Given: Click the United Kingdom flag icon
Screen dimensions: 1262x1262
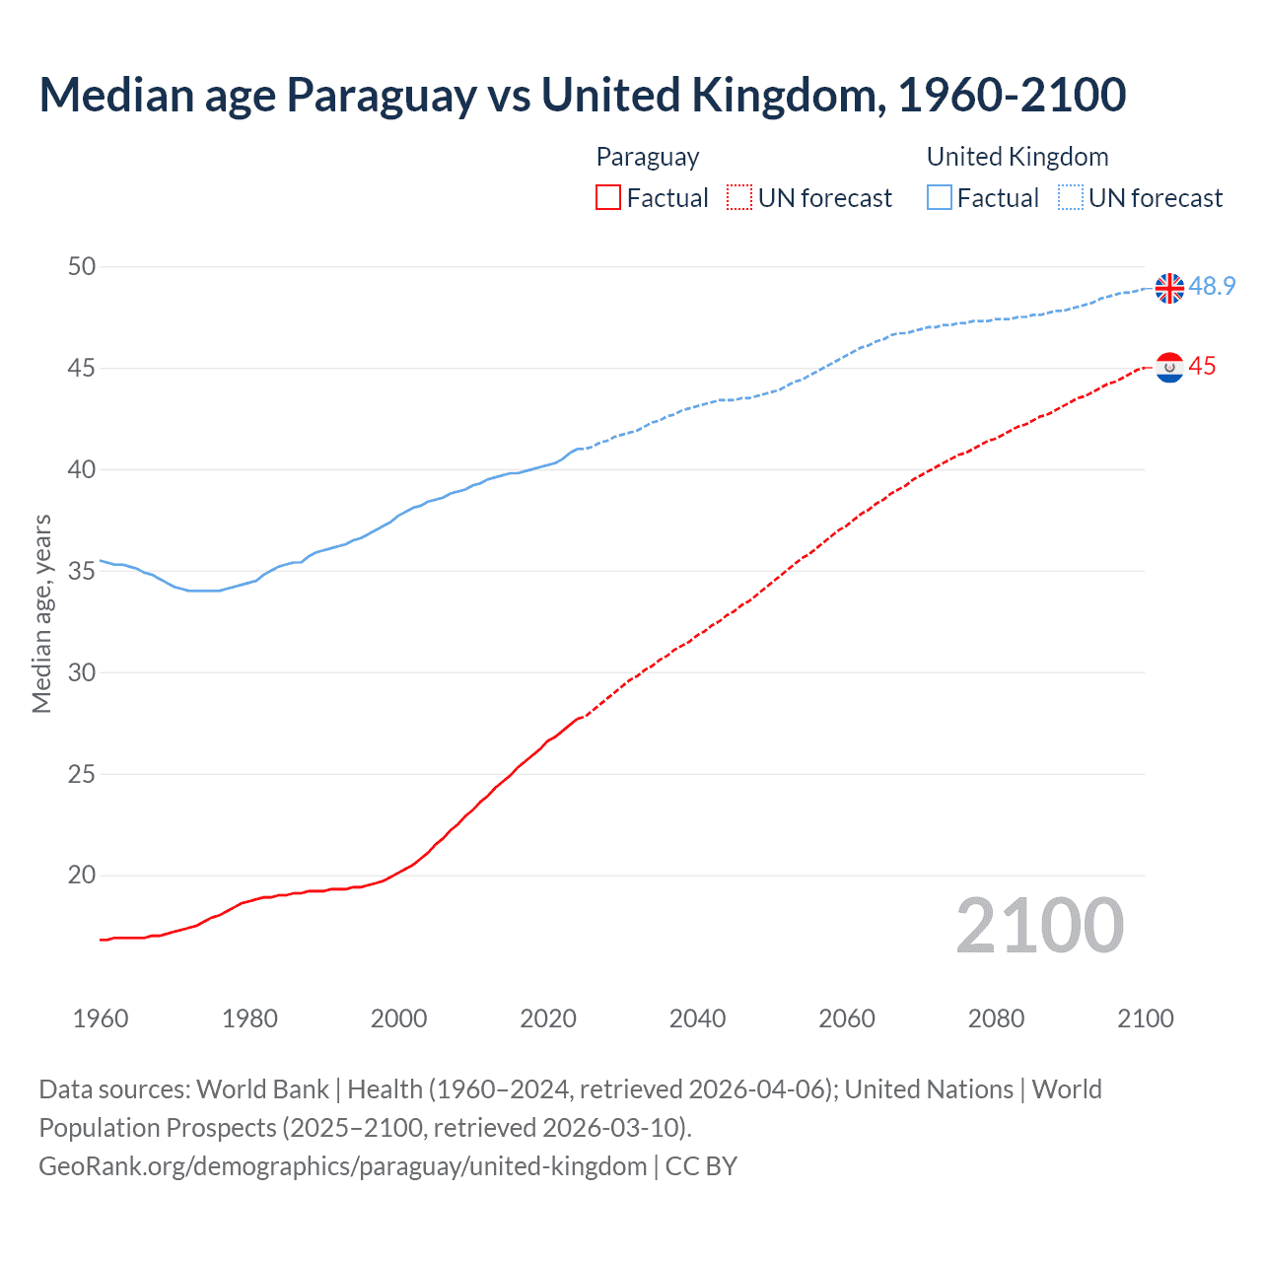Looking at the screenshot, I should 1169,288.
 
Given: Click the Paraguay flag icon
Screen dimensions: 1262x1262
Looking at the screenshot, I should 1169,368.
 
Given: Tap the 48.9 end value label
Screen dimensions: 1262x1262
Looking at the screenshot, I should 1212,287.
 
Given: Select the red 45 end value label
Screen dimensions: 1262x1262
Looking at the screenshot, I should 1202,367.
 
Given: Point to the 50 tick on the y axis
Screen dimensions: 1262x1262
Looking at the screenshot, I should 83,266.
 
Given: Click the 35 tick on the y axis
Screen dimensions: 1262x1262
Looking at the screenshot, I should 83,571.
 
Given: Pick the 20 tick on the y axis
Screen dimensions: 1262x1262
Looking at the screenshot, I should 83,876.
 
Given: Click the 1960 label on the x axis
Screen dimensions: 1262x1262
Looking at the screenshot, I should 101,1018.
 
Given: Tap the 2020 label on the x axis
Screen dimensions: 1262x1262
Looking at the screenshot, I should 548,1018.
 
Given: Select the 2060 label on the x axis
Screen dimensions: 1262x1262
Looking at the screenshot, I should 847,1018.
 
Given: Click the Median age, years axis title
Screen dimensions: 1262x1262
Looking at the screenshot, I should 41,613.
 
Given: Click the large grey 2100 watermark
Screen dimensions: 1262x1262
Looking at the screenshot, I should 1040,926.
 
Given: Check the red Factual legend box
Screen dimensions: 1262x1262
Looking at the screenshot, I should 608,198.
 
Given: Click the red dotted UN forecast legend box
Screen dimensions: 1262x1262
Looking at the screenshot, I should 739,198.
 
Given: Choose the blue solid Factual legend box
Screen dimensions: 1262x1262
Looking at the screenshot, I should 940,198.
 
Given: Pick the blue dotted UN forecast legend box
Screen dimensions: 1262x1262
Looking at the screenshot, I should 1070,198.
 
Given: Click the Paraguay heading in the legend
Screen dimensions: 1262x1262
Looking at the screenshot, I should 648,157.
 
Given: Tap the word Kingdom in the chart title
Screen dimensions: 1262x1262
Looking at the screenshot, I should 783,96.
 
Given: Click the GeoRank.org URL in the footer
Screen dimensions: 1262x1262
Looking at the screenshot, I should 342,1166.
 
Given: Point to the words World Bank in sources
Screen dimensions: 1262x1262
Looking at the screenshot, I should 262,1089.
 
